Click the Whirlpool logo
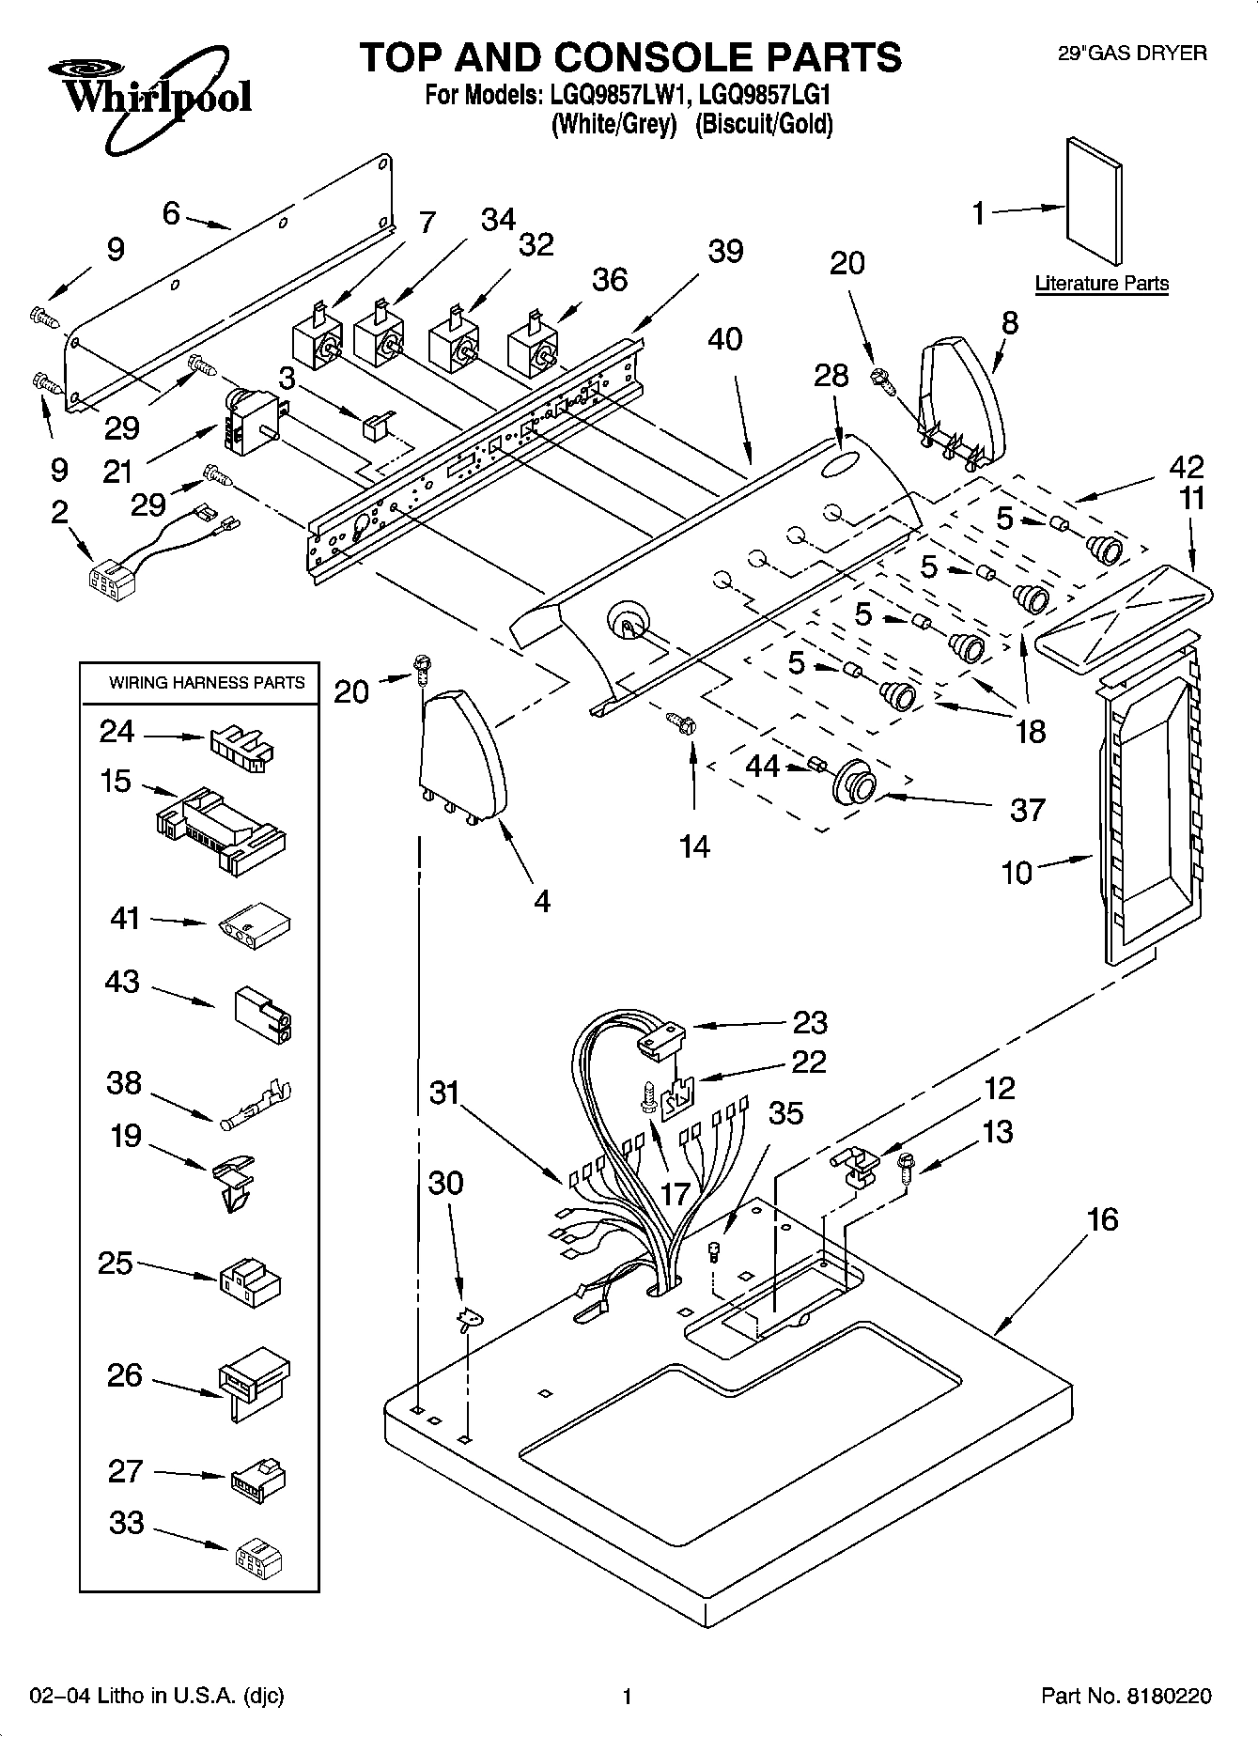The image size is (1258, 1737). coord(150,99)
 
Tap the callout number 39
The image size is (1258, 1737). coord(725,252)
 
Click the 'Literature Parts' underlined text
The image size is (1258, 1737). coord(1101,284)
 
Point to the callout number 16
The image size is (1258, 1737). coord(1102,1220)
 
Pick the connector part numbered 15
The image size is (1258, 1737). coord(221,827)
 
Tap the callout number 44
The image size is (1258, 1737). coord(762,768)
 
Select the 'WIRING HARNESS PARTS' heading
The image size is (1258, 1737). coord(207,683)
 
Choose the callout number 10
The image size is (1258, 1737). coord(1017,873)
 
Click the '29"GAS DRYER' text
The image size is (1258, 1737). coord(1132,54)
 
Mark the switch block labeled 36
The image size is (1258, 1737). coord(531,349)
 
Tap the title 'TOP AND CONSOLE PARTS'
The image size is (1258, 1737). coord(630,57)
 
